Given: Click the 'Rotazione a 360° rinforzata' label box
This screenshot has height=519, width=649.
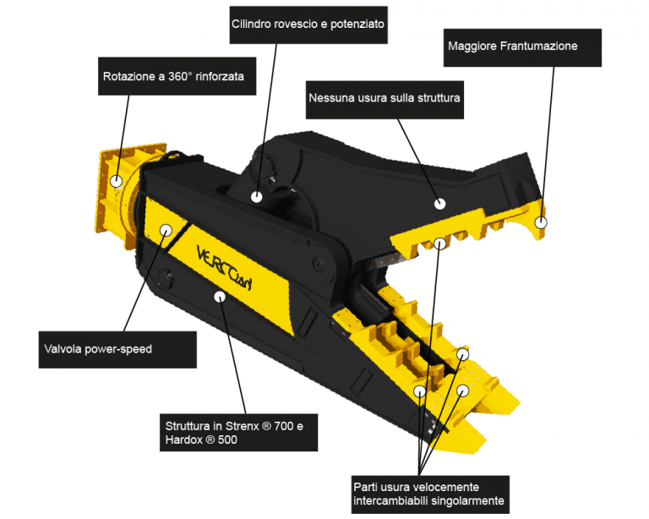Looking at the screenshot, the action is pyautogui.click(x=177, y=76).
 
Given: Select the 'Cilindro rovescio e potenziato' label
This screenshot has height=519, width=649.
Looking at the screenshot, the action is pyautogui.click(x=308, y=25).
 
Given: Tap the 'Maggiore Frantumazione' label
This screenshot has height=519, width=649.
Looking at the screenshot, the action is pyautogui.click(x=522, y=47).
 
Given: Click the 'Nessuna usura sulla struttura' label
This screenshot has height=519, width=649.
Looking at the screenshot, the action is pyautogui.click(x=384, y=100).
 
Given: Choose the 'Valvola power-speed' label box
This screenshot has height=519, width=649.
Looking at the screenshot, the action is pyautogui.click(x=117, y=350).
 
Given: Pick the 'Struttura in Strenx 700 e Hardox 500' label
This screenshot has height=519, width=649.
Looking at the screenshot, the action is pyautogui.click(x=239, y=433).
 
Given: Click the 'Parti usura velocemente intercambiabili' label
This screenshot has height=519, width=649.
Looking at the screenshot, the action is pyautogui.click(x=430, y=494).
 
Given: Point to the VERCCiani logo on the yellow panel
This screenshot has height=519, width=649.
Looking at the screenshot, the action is pyautogui.click(x=224, y=268).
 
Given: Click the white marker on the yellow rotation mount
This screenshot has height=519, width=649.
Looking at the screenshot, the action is pyautogui.click(x=117, y=181).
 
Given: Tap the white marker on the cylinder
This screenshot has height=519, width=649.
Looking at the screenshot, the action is pyautogui.click(x=257, y=197).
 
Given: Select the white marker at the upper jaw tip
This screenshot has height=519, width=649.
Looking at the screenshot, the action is pyautogui.click(x=541, y=222).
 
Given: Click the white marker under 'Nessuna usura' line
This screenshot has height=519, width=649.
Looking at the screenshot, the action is pyautogui.click(x=439, y=204).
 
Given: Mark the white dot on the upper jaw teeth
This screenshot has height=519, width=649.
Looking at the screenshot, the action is pyautogui.click(x=439, y=243).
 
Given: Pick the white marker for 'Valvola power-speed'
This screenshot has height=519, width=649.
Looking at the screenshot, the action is pyautogui.click(x=166, y=230).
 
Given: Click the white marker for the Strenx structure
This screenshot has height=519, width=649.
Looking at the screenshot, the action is pyautogui.click(x=220, y=297).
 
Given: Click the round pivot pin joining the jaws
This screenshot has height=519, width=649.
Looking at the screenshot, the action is pyautogui.click(x=319, y=263).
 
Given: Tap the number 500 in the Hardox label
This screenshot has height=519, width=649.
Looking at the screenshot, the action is pyautogui.click(x=227, y=440).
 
